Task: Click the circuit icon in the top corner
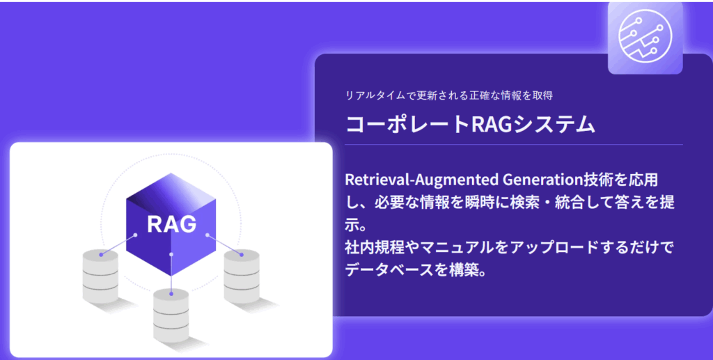coord(645,36)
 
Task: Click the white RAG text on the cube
coord(172,224)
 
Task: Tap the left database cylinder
coord(100,276)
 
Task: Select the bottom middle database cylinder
coord(171,315)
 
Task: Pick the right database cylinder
coord(242,276)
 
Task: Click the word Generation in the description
coord(543,180)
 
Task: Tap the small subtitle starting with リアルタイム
coord(449,95)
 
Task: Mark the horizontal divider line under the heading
coord(514,145)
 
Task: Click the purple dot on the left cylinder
coord(101,255)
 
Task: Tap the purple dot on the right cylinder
coord(242,255)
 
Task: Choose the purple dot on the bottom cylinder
coord(171,294)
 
